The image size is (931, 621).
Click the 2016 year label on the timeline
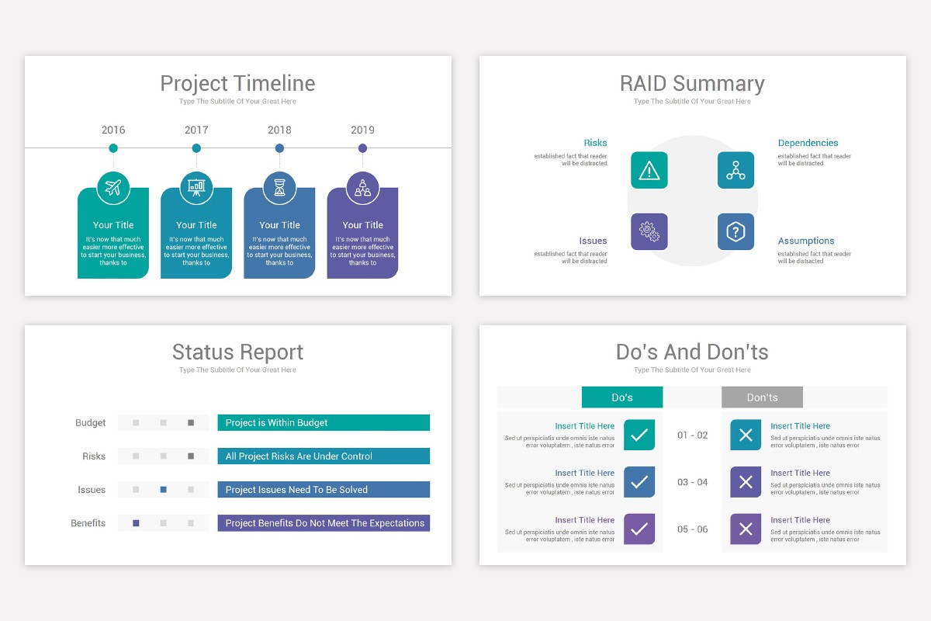tap(113, 130)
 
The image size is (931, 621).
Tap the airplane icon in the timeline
tap(113, 188)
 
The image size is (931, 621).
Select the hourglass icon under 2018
tap(279, 188)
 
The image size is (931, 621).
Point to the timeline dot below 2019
tap(362, 148)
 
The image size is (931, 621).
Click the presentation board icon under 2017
tap(196, 188)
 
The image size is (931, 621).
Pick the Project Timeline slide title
tap(237, 83)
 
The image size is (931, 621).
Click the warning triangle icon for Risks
tap(649, 170)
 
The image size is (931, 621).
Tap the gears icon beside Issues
tap(649, 231)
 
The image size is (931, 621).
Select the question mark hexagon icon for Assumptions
tap(735, 231)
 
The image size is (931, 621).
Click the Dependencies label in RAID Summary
tap(808, 143)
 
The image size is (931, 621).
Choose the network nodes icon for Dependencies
tap(735, 170)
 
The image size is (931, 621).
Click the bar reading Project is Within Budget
tap(324, 423)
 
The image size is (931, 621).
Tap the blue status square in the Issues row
tap(163, 490)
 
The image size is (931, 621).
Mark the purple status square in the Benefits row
tap(136, 523)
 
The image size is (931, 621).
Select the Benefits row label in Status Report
tap(88, 523)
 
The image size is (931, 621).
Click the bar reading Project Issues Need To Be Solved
tap(324, 490)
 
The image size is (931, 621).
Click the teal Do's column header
tap(622, 397)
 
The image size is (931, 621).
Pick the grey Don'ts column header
tap(762, 397)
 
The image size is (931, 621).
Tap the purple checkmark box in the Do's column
tap(639, 529)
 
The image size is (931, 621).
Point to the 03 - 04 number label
tap(692, 482)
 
